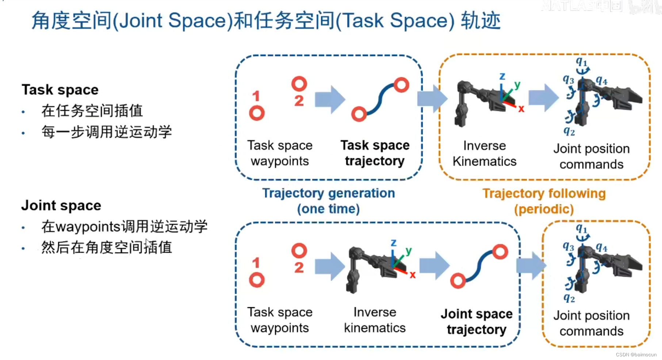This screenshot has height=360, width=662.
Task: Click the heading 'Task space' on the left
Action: point(60,90)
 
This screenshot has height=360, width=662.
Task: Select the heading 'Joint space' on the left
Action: point(61,206)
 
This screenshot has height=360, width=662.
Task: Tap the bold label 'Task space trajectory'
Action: point(375,153)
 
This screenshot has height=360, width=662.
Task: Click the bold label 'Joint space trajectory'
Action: point(477,322)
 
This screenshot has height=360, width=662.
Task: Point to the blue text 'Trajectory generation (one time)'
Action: point(329,201)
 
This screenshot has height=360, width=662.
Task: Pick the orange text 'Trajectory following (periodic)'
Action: point(544,201)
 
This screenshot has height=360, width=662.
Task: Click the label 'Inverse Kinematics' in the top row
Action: point(485,153)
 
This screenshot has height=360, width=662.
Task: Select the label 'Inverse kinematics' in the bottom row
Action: point(375,320)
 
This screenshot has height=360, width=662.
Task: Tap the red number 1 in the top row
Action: point(256,96)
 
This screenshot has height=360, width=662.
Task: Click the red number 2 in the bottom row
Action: point(299,268)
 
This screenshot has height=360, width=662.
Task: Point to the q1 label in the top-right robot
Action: point(581,62)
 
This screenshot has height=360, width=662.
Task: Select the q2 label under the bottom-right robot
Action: point(569,298)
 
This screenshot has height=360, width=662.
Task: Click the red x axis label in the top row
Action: point(521,109)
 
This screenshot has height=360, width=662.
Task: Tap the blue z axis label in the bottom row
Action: point(393,243)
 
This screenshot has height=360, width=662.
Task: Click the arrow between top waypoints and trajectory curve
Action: point(330,99)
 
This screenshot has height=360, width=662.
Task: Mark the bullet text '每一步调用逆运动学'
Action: point(107,132)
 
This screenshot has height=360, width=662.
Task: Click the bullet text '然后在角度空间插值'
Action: point(107,248)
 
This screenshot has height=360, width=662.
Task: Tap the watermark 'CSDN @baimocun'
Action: point(636,355)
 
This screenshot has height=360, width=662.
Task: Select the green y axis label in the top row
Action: point(517,85)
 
